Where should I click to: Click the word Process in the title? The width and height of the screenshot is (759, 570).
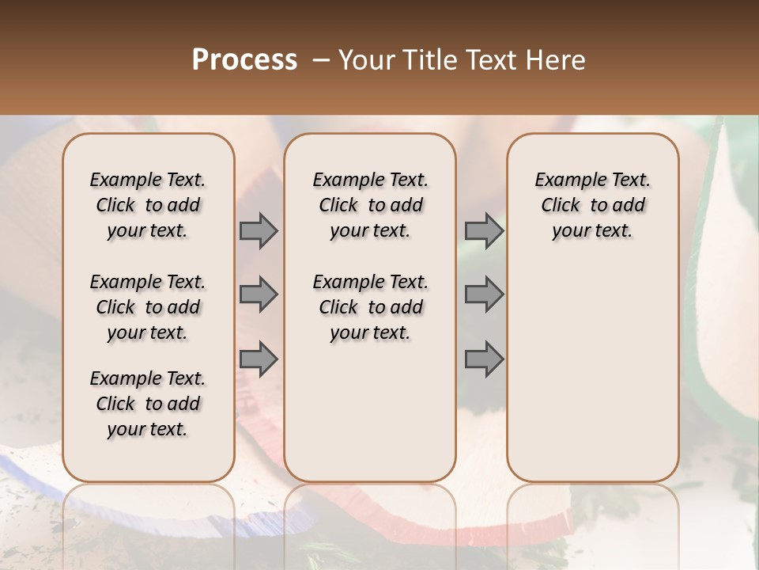[x=244, y=61]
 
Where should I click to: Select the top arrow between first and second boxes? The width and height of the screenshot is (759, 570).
[x=259, y=231]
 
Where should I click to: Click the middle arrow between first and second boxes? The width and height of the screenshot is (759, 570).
[x=259, y=294]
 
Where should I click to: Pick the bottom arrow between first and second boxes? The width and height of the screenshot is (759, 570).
[x=259, y=359]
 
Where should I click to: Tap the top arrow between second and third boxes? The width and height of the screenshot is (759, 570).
[x=484, y=231]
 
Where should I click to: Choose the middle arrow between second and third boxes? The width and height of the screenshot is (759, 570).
[x=484, y=294]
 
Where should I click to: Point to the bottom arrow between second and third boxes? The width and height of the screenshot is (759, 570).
[x=484, y=359]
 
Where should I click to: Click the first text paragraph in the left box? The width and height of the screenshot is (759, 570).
[x=148, y=205]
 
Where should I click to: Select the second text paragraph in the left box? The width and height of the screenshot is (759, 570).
[x=148, y=307]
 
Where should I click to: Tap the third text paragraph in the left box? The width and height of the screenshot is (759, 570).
[x=148, y=404]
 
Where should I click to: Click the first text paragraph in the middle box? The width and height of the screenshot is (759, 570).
[x=370, y=205]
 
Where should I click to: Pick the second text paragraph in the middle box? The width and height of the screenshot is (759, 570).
[x=370, y=307]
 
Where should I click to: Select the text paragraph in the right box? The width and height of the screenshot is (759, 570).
[x=592, y=205]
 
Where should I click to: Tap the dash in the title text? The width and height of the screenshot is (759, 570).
[x=321, y=61]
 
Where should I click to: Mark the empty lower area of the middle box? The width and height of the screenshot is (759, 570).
[x=370, y=412]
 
